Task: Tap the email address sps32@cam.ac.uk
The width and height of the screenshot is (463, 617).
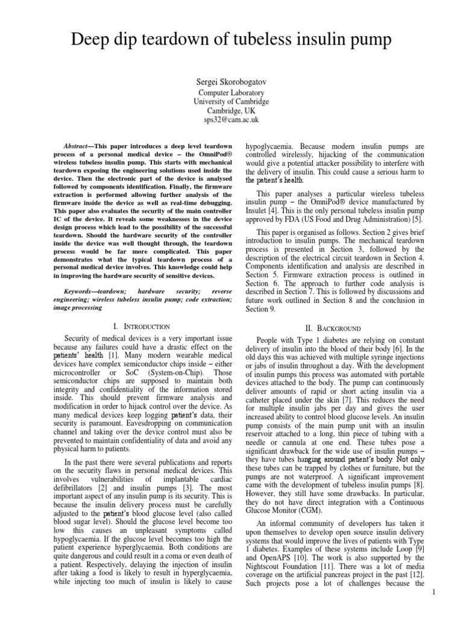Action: click(x=231, y=121)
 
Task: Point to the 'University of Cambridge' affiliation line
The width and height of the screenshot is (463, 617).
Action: click(x=231, y=102)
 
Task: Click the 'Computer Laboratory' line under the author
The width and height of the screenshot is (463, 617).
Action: click(x=231, y=92)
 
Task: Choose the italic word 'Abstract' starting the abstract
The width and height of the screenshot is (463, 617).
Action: click(x=76, y=146)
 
